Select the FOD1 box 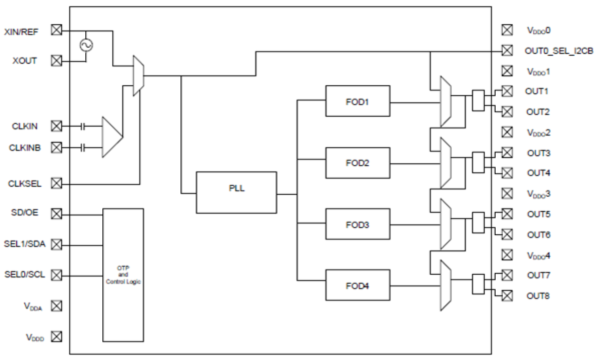click(358, 101)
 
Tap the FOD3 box click(358, 224)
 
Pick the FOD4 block click(358, 286)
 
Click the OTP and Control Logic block click(123, 275)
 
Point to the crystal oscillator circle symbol click(86, 45)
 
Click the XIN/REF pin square click(57, 30)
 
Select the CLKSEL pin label click(25, 183)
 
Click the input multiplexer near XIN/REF click(138, 76)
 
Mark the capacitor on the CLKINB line click(83, 148)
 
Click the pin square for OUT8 click(507, 296)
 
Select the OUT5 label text click(538, 214)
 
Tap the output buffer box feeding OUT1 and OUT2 click(478, 101)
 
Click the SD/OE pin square click(57, 214)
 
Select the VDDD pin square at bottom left click(57, 337)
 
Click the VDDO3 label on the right click(538, 194)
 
